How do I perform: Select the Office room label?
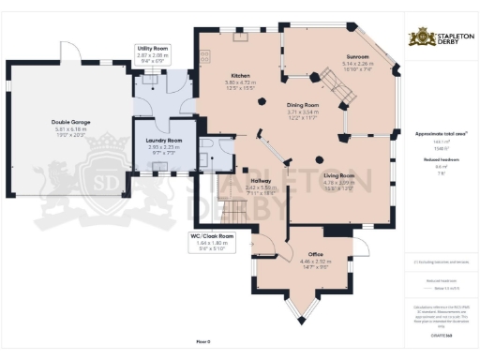316,254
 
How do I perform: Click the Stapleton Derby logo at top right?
440,38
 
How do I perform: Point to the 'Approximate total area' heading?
439,134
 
